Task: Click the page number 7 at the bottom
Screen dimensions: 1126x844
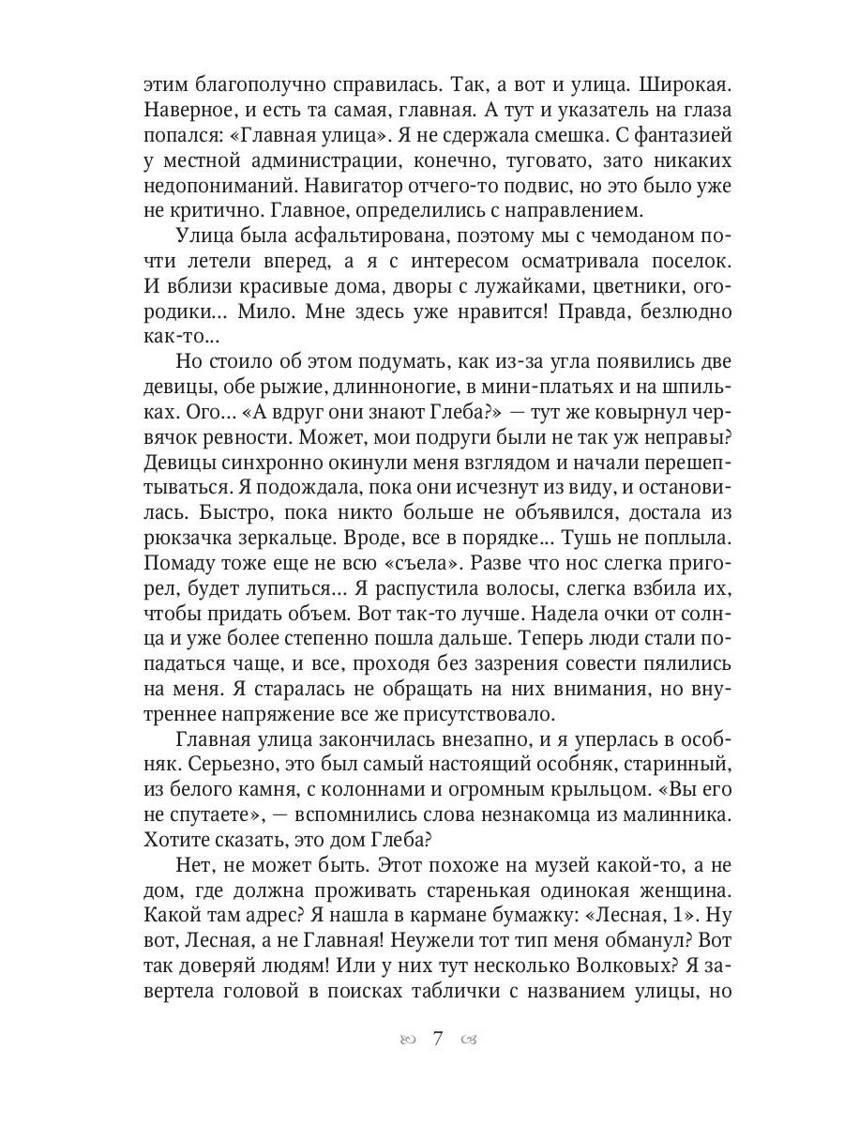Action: [x=437, y=1037]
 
